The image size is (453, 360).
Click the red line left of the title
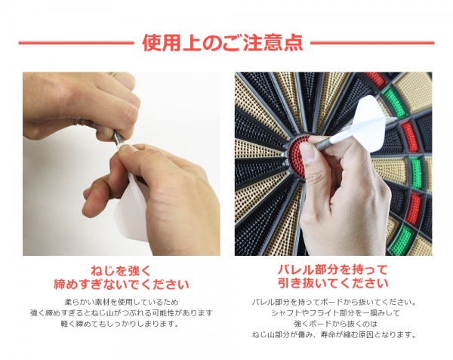(75, 43)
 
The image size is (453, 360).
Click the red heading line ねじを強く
(122, 270)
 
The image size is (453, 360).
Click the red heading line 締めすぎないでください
(122, 285)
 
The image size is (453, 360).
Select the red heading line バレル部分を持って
(333, 270)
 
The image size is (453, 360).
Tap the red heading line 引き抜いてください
(333, 285)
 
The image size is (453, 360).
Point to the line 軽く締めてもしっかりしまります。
(122, 324)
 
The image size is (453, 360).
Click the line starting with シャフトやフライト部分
(333, 313)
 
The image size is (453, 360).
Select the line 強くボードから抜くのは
(333, 324)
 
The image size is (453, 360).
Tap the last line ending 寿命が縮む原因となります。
(333, 335)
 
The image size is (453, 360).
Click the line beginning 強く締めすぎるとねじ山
(122, 313)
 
